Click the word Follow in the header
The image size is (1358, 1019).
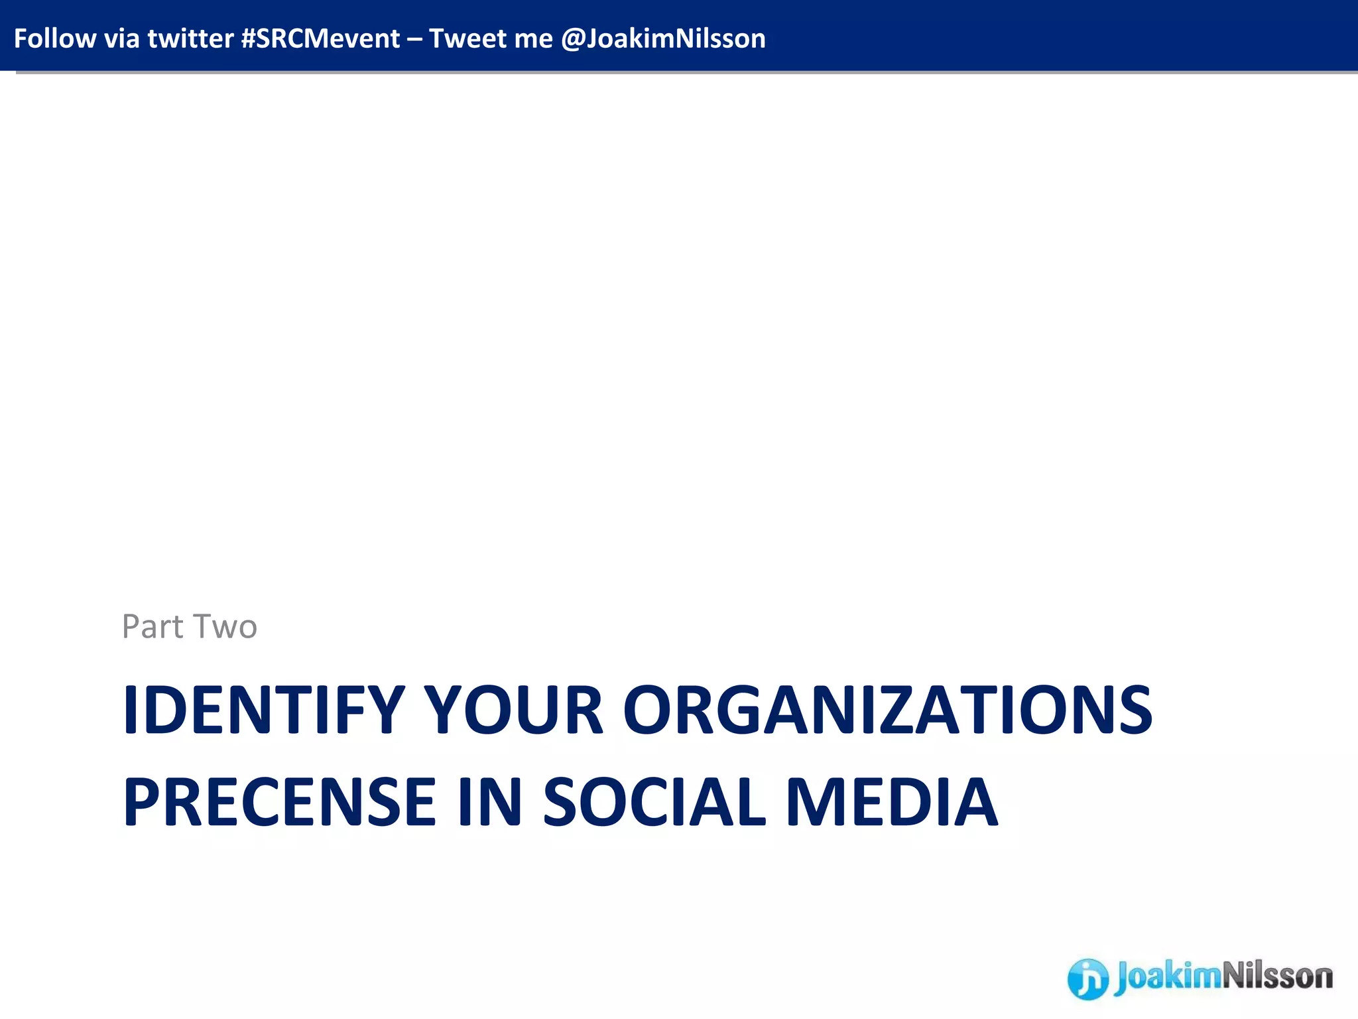54,38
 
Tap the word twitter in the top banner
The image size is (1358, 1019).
190,38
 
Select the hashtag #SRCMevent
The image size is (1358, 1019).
320,38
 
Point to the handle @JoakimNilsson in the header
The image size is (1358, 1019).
663,38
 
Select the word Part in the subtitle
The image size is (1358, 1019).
152,626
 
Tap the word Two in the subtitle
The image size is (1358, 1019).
225,626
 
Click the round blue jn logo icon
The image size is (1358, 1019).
1087,978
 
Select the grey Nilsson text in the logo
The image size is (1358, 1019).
1277,977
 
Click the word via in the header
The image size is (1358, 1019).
121,38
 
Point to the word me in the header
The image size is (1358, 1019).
534,38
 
